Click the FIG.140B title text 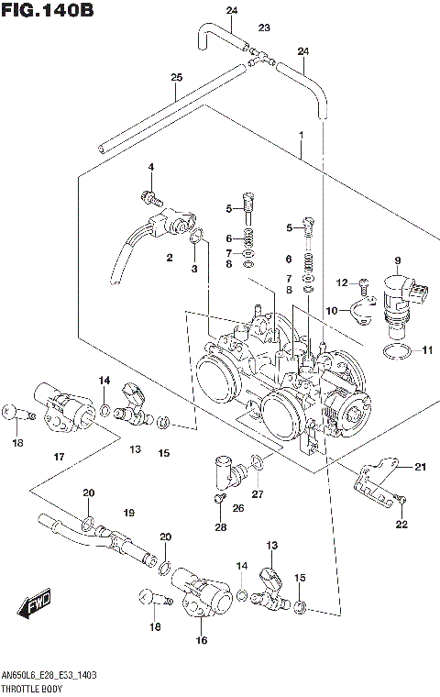point(48,11)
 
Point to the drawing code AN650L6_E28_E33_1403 point(50,674)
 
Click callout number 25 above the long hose point(177,78)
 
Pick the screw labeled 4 point(149,195)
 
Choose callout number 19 point(129,512)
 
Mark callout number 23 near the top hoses point(264,28)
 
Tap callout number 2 point(170,258)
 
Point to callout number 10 point(332,310)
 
